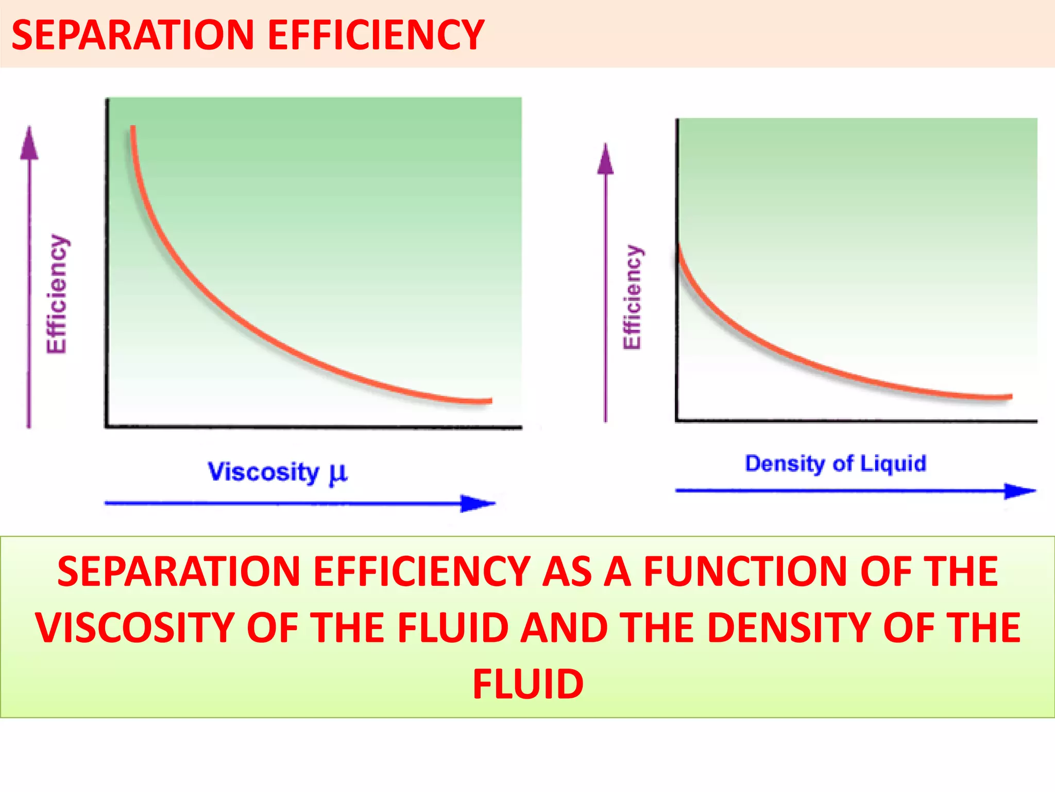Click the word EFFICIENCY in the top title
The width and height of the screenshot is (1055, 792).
pos(376,35)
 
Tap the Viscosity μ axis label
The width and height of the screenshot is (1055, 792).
pos(277,472)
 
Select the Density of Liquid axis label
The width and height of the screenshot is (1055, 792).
pos(836,464)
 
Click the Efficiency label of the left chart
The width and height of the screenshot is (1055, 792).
pos(57,294)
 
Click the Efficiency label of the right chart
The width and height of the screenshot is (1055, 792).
pos(633,298)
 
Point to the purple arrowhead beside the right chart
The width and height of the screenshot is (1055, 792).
pos(606,159)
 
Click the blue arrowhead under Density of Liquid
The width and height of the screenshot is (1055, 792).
pos(1019,491)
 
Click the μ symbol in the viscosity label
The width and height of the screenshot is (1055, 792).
pos(338,473)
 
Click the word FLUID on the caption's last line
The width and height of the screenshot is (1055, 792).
pos(528,684)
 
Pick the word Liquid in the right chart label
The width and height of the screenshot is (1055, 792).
pos(893,464)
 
